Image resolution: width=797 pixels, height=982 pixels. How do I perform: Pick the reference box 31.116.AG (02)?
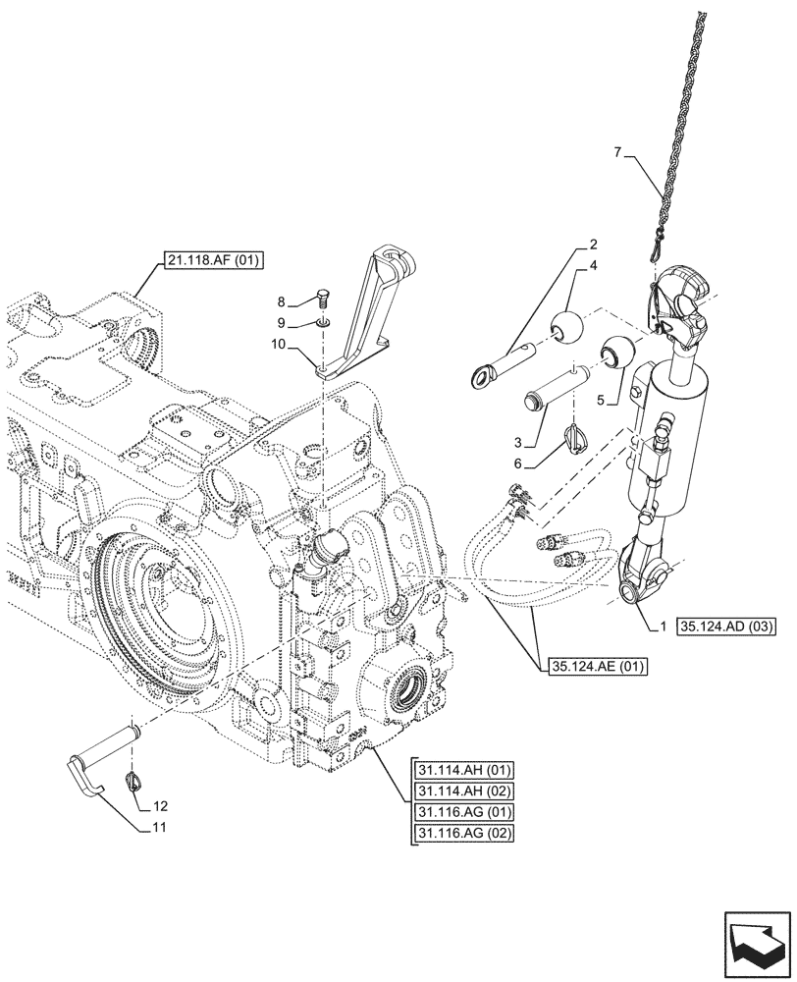(464, 834)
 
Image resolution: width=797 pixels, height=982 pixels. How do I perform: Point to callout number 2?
(593, 242)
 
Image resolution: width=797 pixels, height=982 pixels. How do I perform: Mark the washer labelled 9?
(325, 322)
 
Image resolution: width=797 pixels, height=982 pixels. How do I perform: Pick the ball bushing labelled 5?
(616, 351)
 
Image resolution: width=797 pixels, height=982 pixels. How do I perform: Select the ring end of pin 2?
(484, 373)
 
